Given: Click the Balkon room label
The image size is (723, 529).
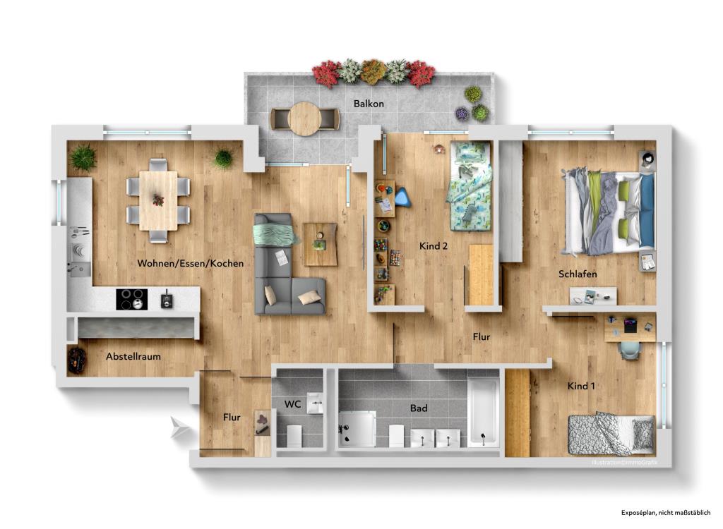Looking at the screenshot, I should click(369, 104).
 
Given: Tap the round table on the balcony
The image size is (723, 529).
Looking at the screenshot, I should click(304, 118).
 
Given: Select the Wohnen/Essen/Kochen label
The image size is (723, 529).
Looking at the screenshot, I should click(191, 263).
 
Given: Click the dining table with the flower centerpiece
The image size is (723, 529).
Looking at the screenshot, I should click(158, 200).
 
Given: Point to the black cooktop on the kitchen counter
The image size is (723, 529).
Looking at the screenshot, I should click(131, 299).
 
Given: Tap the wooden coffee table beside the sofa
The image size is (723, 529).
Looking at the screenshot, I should click(321, 244).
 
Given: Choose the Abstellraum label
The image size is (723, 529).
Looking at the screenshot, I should click(133, 356).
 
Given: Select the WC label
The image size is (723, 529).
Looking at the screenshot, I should click(292, 404).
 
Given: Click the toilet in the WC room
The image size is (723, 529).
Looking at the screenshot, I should click(293, 435).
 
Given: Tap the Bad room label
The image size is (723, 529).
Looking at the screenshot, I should click(419, 408).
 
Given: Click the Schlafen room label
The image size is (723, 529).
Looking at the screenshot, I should click(578, 274).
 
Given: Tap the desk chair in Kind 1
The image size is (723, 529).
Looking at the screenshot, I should click(629, 349).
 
